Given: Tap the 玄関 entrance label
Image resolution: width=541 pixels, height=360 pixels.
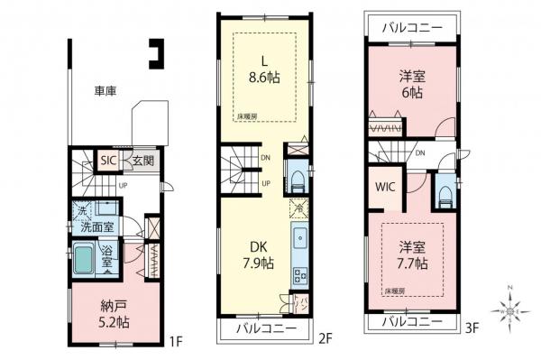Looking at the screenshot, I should click(x=132, y=161).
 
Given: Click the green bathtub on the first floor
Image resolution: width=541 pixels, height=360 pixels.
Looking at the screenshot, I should click(x=86, y=264).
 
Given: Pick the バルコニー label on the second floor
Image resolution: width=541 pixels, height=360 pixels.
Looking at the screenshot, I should click(x=266, y=328).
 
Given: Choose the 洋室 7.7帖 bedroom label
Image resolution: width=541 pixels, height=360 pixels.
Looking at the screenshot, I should click(x=410, y=254).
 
